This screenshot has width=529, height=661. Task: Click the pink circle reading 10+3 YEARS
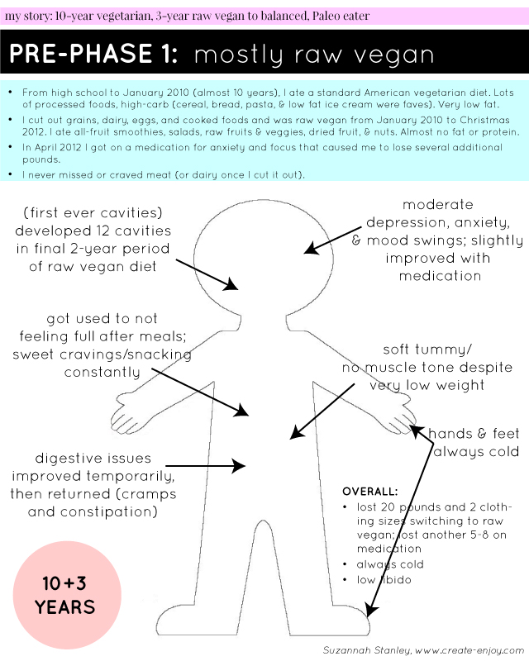tap(65, 595)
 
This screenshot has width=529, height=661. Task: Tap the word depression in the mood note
tap(417, 224)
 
